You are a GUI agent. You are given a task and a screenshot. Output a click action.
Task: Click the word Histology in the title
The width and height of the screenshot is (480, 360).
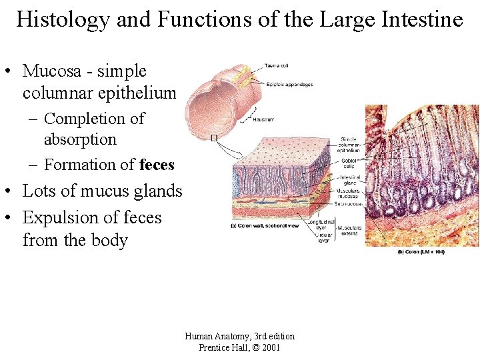pyautogui.click(x=62, y=19)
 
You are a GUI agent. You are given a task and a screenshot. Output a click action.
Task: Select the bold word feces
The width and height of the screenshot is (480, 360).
pyautogui.click(x=157, y=164)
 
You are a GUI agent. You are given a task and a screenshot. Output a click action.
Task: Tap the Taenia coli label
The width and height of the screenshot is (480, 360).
pyautogui.click(x=275, y=65)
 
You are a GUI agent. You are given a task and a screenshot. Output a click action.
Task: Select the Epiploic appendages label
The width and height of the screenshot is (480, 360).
pyautogui.click(x=289, y=85)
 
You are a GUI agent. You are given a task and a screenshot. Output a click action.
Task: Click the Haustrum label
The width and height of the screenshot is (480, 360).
pyautogui.click(x=264, y=120)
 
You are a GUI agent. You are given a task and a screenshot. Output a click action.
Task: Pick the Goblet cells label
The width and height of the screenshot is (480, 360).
pyautogui.click(x=349, y=163)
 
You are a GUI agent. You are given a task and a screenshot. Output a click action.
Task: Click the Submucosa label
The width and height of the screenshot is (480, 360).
pyautogui.click(x=349, y=204)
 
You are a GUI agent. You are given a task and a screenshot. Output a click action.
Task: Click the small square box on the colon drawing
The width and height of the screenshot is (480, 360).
pyautogui.click(x=213, y=138)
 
